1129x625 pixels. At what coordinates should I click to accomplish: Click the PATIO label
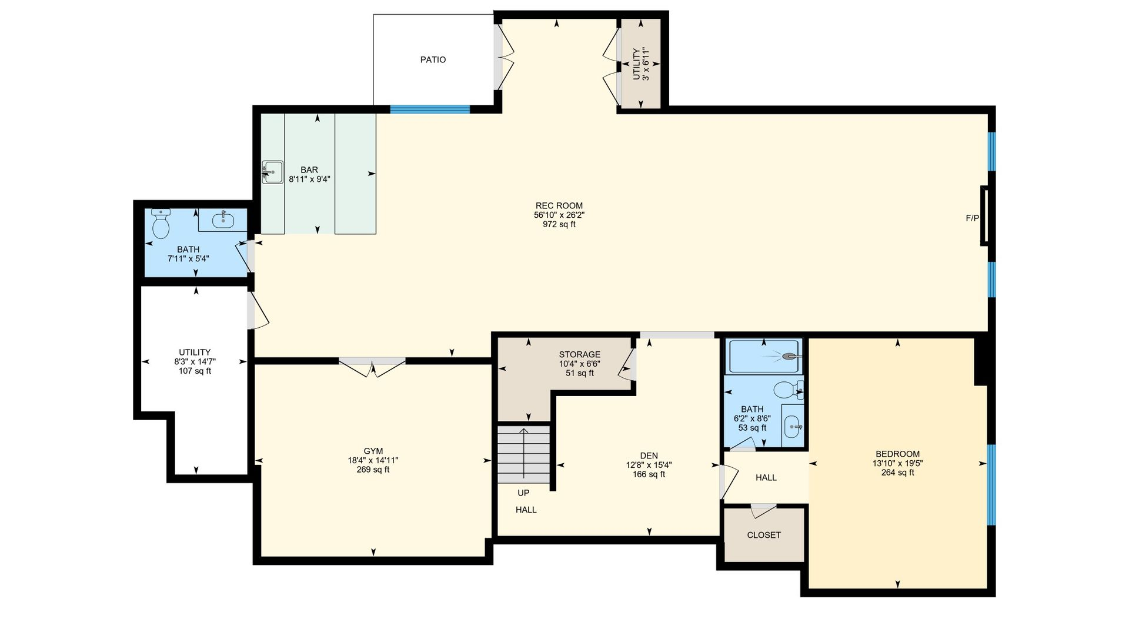coord(433,59)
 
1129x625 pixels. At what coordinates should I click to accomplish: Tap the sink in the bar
coord(272,172)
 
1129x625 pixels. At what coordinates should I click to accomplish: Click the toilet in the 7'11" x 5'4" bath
coord(161,224)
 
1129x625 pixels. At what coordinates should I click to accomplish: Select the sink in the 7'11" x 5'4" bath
coord(223,220)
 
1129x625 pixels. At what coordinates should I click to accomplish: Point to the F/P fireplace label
coord(973,218)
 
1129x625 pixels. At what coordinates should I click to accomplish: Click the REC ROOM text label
coord(559,205)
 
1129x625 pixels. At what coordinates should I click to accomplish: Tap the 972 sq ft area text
coord(559,224)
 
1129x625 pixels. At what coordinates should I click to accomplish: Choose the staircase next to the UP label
coord(524,454)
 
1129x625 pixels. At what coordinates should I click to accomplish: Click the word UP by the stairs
coord(523,493)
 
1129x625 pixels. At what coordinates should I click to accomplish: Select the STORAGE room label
coord(580,354)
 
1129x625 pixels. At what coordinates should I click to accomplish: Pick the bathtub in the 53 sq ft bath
coord(764,356)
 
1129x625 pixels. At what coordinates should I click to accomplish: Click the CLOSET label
coord(764,535)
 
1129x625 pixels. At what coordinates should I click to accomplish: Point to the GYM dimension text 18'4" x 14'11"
coord(373,461)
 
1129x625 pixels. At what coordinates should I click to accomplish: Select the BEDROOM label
coord(897,454)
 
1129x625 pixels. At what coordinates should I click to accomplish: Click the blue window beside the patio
coord(430,109)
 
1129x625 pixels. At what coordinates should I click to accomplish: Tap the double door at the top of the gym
coord(372,366)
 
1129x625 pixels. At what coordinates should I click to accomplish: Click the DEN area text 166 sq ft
coord(649,474)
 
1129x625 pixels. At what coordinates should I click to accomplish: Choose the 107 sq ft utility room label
coord(195,371)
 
